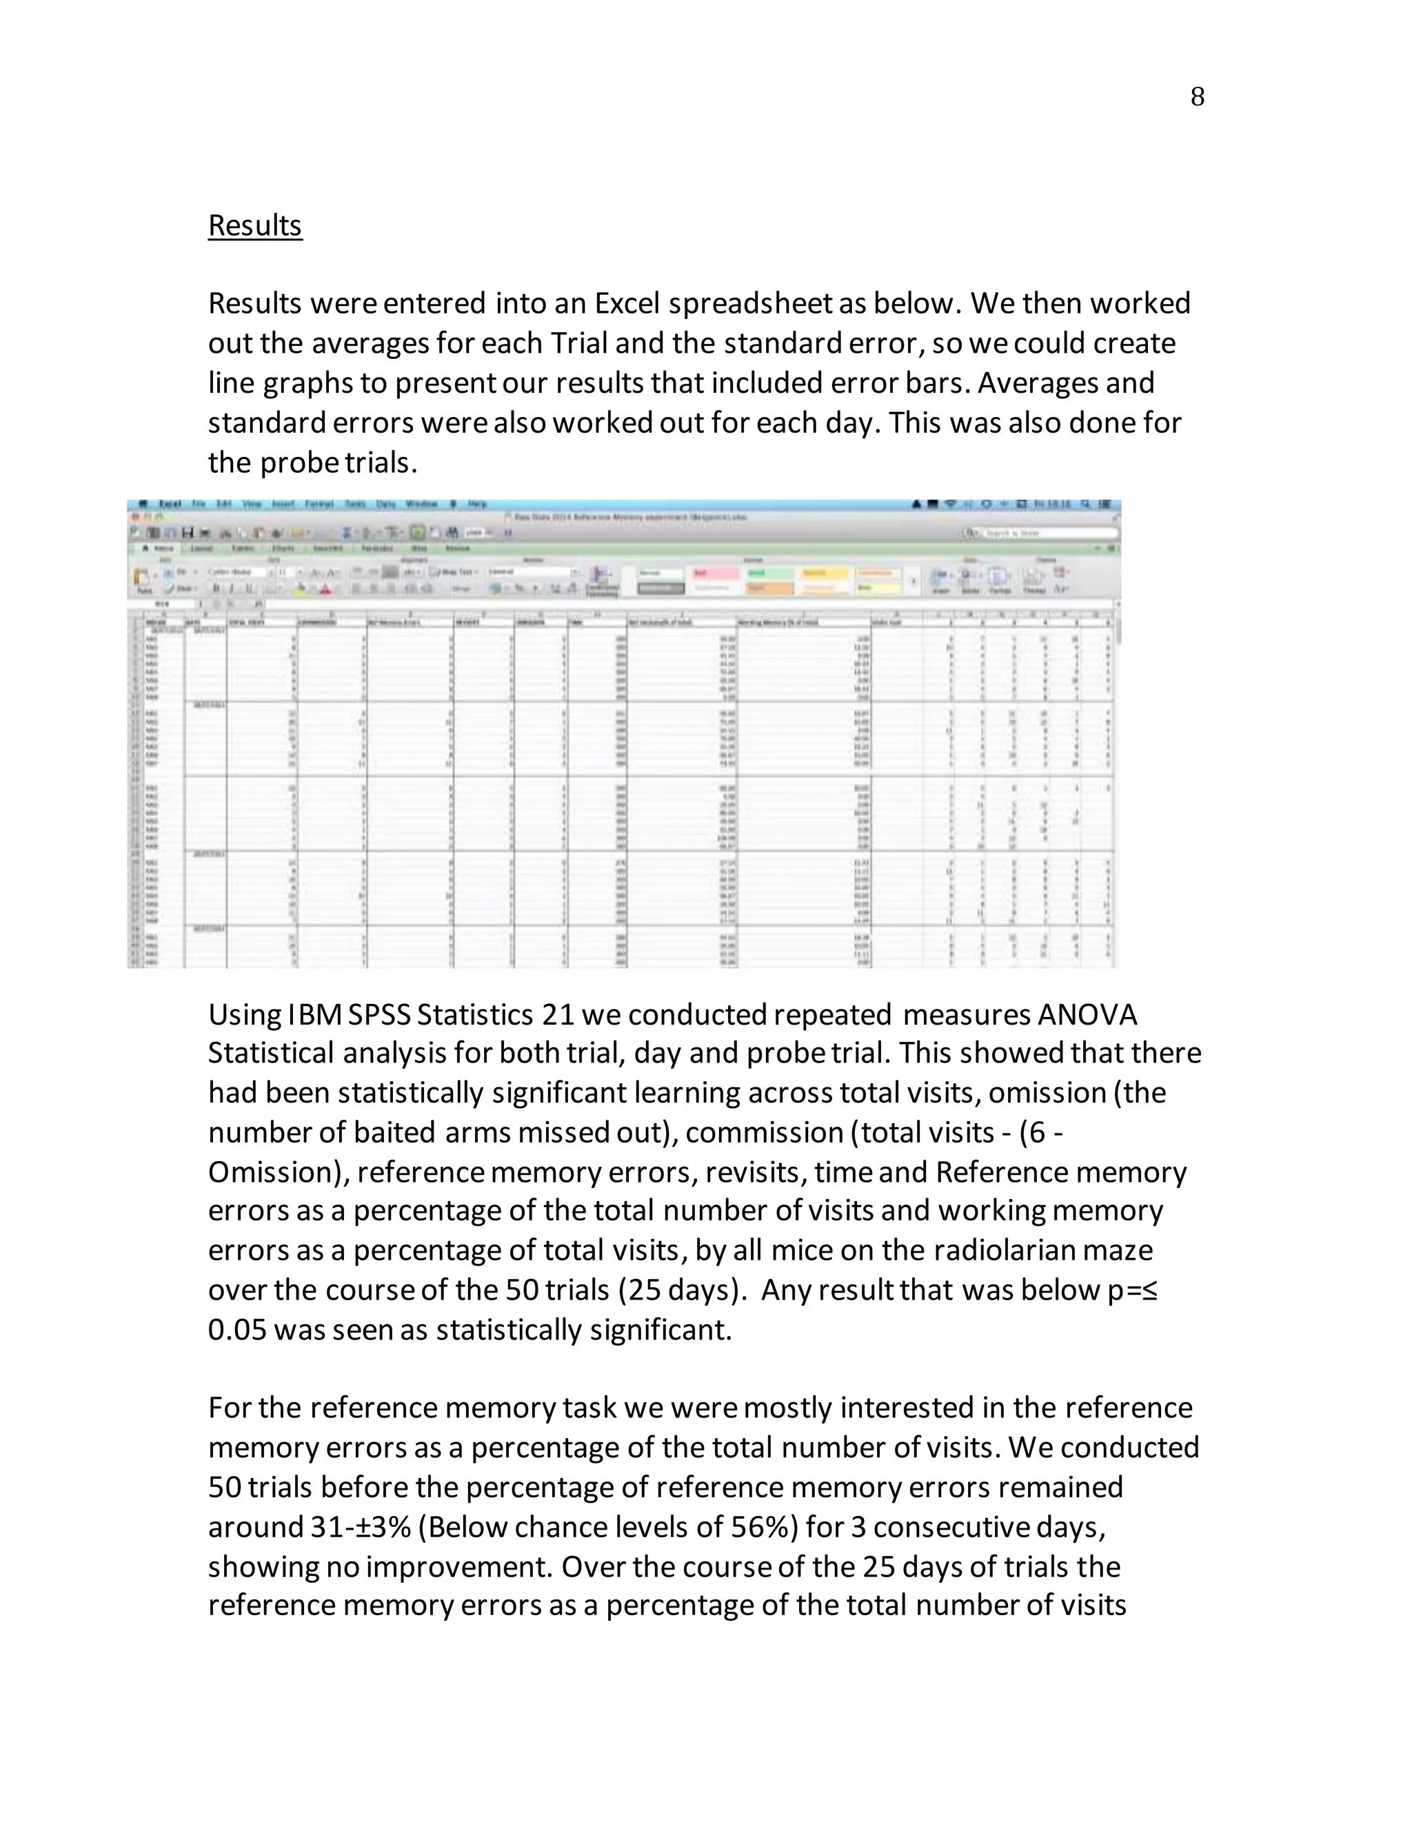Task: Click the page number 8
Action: [x=1197, y=98]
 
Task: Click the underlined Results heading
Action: [x=255, y=226]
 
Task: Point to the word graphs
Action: [x=307, y=383]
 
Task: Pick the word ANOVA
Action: [x=1087, y=1015]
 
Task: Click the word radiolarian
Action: [x=1004, y=1251]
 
